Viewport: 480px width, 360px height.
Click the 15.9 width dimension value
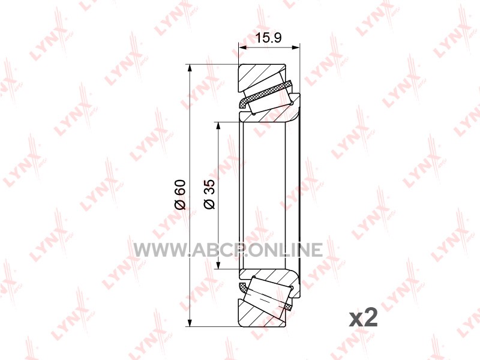[268, 38]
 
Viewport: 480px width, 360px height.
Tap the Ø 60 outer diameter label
[180, 194]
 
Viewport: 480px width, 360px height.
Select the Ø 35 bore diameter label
[209, 194]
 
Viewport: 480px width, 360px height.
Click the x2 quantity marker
[364, 319]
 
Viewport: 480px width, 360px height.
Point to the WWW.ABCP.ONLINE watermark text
[228, 250]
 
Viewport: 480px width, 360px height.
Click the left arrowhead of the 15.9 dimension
[243, 47]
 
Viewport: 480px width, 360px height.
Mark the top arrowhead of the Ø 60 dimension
[190, 68]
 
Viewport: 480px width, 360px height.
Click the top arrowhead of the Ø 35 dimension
[218, 126]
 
